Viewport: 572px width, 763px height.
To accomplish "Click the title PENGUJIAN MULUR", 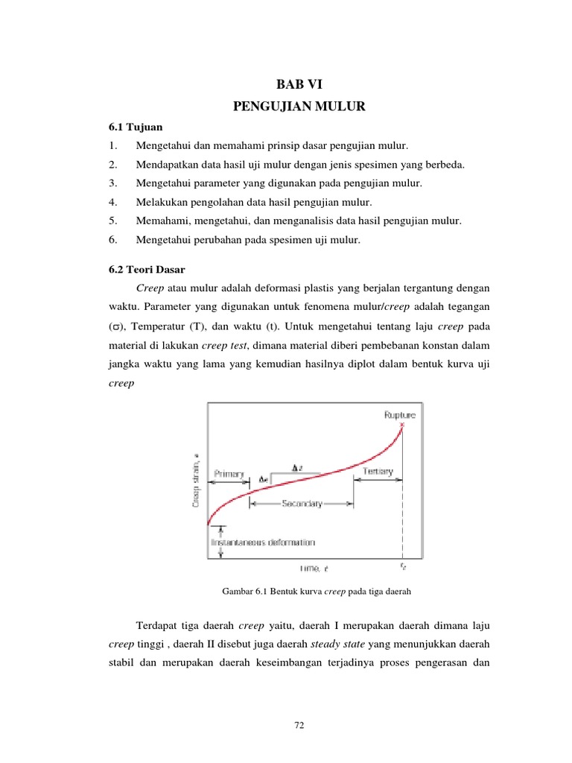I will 299,107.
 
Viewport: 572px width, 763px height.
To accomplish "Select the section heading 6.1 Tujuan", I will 133,127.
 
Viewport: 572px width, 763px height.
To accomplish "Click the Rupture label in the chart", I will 400,414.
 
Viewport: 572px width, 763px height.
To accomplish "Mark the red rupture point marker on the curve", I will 403,425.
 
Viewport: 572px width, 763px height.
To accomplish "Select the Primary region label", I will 229,473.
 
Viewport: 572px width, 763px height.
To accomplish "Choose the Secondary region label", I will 302,504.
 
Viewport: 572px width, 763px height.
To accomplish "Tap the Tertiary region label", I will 378,472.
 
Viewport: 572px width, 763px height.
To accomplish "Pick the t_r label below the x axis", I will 403,567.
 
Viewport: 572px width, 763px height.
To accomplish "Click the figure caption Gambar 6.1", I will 317,592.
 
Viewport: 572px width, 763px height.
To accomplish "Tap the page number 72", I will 299,724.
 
